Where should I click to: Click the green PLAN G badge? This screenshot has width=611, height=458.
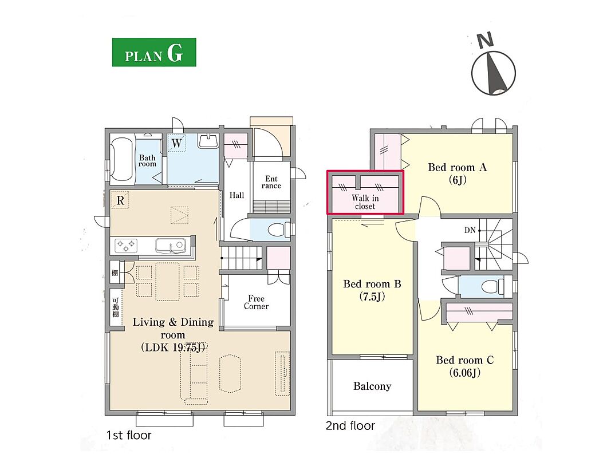[x=154, y=52]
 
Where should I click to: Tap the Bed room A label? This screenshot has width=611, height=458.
[x=457, y=173]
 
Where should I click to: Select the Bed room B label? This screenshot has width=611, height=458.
[x=372, y=290]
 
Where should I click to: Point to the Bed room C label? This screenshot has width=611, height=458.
[x=464, y=366]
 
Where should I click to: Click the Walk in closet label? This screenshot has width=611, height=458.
[x=365, y=202]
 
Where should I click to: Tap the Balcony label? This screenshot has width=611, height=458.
[x=372, y=386]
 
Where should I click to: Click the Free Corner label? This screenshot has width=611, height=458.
[x=256, y=302]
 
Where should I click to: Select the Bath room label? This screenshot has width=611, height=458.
[x=147, y=160]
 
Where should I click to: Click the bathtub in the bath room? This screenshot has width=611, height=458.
[x=121, y=159]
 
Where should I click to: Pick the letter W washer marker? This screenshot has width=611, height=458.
[x=176, y=143]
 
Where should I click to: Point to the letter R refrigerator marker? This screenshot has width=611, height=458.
[x=120, y=200]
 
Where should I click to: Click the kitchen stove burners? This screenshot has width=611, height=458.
[x=126, y=246]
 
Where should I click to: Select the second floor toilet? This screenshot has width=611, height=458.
[x=493, y=287]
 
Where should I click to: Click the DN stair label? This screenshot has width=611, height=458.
[x=470, y=231]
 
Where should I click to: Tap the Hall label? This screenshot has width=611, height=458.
[x=236, y=195]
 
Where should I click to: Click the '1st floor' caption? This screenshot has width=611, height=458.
[x=129, y=435]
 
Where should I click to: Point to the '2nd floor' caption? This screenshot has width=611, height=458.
[x=350, y=426]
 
